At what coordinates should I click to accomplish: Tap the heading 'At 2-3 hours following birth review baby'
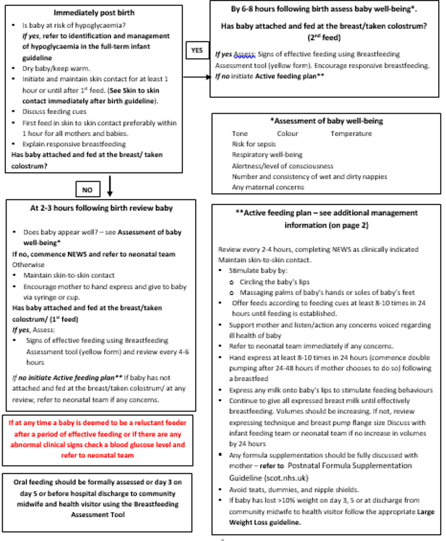[101, 208]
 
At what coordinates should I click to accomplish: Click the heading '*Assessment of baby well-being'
[326, 121]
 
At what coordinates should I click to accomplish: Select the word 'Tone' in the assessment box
[240, 133]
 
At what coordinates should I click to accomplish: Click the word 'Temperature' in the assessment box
[351, 133]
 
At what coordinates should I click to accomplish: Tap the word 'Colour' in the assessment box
[288, 133]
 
